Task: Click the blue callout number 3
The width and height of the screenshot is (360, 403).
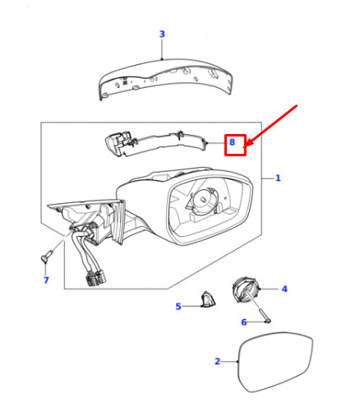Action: pos(162,35)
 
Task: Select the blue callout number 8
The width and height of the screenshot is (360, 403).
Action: pos(232,142)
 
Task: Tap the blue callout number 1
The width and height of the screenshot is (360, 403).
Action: pos(278,178)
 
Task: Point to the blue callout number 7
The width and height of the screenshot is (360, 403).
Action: pos(46,280)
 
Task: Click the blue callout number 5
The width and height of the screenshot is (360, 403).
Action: pos(178,306)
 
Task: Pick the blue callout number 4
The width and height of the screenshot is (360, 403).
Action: pos(284,289)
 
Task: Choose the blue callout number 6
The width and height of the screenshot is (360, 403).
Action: pos(244,322)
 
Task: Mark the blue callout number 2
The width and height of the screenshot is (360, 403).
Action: pos(217,361)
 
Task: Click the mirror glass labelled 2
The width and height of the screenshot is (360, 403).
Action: pos(275,362)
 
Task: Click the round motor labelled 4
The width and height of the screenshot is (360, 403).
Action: pos(246,290)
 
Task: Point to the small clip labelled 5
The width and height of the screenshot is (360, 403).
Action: pos(208,299)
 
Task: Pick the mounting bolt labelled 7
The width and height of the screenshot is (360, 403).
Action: pos(47,255)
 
